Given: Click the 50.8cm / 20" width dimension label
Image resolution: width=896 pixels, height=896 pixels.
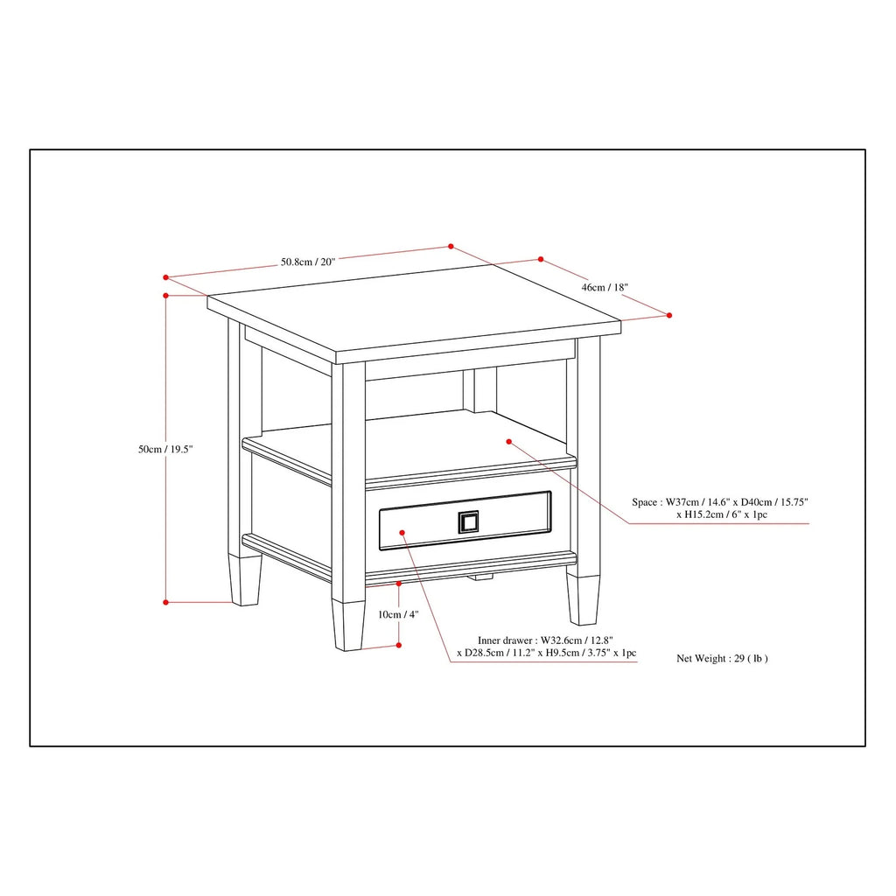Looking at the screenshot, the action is click(307, 262).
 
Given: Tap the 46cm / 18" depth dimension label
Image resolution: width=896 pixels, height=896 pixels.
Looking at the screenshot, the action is click(605, 287).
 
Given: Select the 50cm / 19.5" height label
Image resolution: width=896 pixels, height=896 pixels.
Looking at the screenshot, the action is click(165, 449).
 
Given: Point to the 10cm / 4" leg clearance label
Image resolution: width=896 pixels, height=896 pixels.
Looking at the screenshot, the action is click(398, 615).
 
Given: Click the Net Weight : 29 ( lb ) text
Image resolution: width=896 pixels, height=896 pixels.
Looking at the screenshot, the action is click(722, 658).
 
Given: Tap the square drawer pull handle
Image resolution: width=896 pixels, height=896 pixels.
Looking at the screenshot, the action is click(468, 522).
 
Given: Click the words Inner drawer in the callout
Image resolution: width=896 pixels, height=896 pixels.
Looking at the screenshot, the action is click(505, 640).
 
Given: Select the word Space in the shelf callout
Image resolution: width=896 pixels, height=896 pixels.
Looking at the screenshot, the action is click(644, 502).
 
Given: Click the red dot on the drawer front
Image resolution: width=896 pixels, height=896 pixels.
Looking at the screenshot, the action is click(402, 533).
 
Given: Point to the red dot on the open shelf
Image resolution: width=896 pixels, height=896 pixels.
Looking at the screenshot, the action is click(508, 442).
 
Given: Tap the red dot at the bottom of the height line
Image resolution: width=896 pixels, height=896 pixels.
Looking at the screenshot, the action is click(165, 602).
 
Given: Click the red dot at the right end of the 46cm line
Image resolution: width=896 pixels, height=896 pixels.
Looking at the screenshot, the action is click(669, 315).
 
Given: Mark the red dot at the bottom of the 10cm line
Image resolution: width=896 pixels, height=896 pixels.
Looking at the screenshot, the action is click(399, 645).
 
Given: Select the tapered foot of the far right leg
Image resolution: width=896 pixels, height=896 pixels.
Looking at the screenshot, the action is click(584, 600).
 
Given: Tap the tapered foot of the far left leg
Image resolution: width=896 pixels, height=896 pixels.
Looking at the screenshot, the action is click(245, 580).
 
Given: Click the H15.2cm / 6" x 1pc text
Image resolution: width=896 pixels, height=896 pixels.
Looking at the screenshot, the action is click(722, 514).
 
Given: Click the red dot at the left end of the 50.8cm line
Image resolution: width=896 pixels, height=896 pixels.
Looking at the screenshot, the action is click(165, 277).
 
